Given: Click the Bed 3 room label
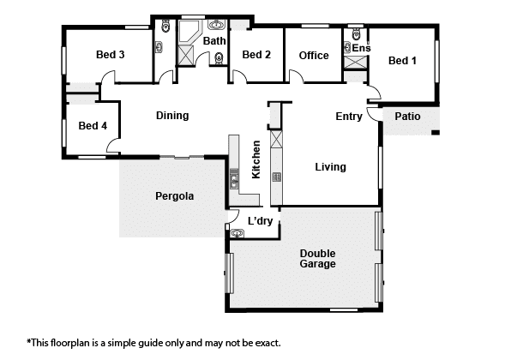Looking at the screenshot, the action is [110, 55].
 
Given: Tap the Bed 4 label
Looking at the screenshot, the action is [93, 126].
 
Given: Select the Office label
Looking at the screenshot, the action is [314, 56].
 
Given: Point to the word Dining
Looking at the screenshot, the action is [172, 116].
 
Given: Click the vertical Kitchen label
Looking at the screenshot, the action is [256, 159].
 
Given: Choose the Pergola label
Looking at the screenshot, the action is [175, 196].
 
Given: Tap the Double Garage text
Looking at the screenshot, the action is [318, 259].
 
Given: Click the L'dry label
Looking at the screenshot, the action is [260, 221].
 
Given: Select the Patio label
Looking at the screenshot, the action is [407, 117].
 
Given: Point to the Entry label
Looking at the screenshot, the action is [349, 117].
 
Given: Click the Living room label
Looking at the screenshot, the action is [330, 167].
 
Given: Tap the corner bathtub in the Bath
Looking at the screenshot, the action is [189, 32].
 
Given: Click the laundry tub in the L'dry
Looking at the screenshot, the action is [237, 233].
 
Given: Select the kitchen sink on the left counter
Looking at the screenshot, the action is [234, 179].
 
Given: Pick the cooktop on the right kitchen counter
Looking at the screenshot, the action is [277, 177].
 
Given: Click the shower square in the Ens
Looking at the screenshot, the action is [356, 63].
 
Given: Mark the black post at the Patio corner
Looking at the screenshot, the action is [436, 132].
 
